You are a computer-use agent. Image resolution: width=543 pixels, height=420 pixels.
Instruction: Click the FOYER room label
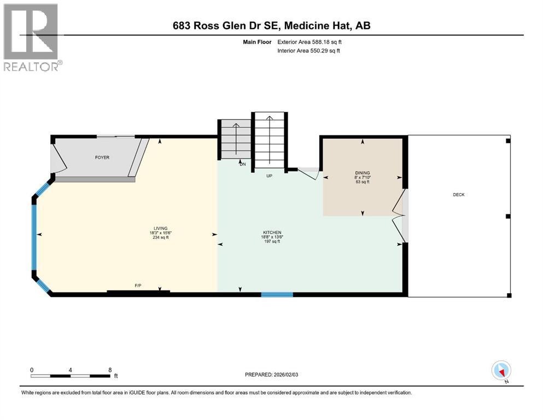(x=102, y=157)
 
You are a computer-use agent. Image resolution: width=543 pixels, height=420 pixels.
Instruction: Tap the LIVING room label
(x=161, y=229)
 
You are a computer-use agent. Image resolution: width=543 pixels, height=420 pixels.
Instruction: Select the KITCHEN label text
(x=272, y=232)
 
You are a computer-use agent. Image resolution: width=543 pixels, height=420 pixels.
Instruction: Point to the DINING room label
(x=363, y=173)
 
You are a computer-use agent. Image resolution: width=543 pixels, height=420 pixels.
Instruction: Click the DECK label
(x=459, y=195)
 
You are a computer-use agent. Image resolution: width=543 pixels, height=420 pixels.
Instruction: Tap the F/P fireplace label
(x=138, y=285)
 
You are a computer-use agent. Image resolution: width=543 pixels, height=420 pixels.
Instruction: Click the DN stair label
(x=243, y=164)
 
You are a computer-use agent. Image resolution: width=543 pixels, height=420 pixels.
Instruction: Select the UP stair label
(x=270, y=176)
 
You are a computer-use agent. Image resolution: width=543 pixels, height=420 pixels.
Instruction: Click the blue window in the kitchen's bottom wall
(x=277, y=295)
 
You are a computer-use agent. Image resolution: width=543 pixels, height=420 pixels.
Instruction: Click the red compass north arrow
(x=501, y=372)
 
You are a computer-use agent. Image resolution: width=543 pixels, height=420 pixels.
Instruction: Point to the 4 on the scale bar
(x=71, y=370)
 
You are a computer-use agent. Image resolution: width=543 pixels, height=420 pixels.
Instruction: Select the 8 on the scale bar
(x=110, y=370)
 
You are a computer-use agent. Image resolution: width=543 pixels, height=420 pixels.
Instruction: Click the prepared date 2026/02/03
(x=286, y=375)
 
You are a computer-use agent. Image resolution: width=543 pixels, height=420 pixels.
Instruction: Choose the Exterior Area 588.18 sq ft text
(x=310, y=42)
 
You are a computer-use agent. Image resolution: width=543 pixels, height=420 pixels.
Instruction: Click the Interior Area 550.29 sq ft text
(x=308, y=50)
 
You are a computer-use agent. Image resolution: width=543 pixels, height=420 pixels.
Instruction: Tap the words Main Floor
(x=258, y=42)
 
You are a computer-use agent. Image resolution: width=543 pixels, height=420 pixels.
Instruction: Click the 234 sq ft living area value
(x=161, y=237)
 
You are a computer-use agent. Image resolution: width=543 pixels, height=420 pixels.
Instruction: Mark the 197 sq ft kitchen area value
(x=272, y=241)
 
